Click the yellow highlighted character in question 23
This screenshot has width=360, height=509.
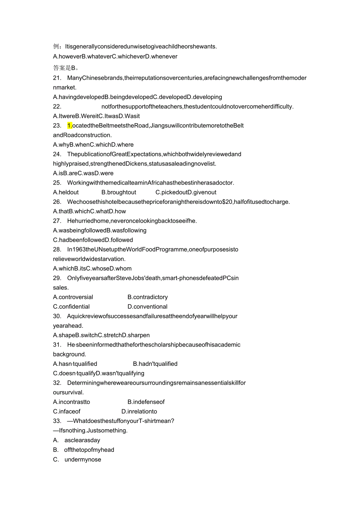click(70, 126)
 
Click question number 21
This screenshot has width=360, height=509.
click(57, 78)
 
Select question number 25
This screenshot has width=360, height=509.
click(57, 183)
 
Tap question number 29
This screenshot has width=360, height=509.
click(57, 278)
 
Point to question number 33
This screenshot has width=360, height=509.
click(57, 421)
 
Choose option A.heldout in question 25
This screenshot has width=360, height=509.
click(66, 192)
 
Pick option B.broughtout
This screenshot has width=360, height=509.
click(119, 192)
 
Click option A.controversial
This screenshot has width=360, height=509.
click(73, 297)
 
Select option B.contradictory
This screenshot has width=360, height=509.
click(148, 297)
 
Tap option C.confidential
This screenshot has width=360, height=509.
click(71, 307)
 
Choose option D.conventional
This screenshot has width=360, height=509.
click(148, 307)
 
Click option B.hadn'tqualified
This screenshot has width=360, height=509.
click(155, 364)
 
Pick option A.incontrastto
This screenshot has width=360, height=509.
click(72, 402)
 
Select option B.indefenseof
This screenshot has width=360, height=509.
click(146, 402)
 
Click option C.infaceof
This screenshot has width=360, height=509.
click(67, 412)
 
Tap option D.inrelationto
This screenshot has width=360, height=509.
click(139, 412)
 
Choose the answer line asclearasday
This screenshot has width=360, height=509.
click(82, 440)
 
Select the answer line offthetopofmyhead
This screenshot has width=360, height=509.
click(89, 450)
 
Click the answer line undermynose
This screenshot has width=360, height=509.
click(83, 460)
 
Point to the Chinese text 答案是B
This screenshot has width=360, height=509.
click(65, 67)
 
